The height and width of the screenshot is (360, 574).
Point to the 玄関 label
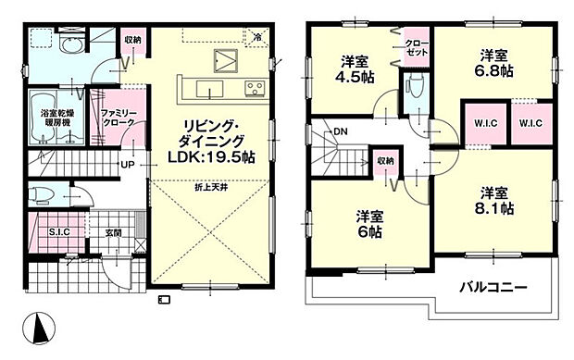click(x=112, y=231)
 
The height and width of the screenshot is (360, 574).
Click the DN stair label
click(x=341, y=131)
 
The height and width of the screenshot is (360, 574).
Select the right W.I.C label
click(x=530, y=124)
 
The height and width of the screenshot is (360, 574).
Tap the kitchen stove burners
click(x=254, y=89)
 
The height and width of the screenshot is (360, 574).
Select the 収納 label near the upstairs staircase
click(x=385, y=161)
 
